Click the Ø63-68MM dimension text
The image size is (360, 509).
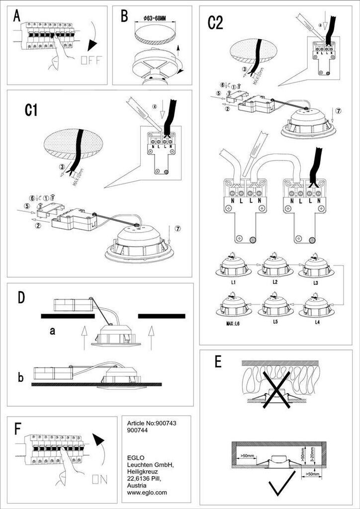pos(154,18)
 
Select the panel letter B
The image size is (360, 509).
pos(124,16)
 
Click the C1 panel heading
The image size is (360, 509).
pos(31,110)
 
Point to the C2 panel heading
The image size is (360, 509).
pos(215,22)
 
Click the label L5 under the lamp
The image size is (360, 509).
pos(274,322)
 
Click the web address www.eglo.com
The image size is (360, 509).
pos(147,493)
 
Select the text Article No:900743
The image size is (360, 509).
pos(152,423)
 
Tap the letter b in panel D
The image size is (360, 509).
pos(20,378)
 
